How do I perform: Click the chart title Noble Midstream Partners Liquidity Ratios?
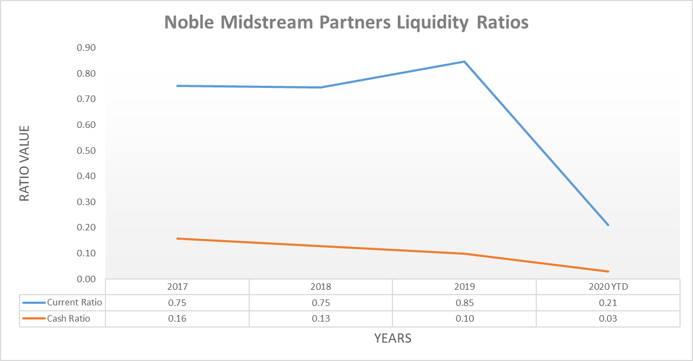point(346,23)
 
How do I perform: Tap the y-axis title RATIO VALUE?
point(24,163)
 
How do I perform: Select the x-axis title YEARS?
point(393,338)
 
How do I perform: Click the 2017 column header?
point(177,287)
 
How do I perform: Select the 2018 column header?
point(321,287)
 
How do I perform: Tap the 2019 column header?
point(464,287)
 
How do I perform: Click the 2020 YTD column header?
point(608,287)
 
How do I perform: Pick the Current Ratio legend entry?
point(63,303)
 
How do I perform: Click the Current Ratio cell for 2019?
point(464,303)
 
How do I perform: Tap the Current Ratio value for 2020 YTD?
point(608,303)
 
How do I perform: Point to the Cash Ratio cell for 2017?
point(177,318)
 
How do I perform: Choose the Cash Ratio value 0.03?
point(608,318)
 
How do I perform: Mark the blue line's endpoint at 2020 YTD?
point(608,225)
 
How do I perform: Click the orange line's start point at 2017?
point(177,239)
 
